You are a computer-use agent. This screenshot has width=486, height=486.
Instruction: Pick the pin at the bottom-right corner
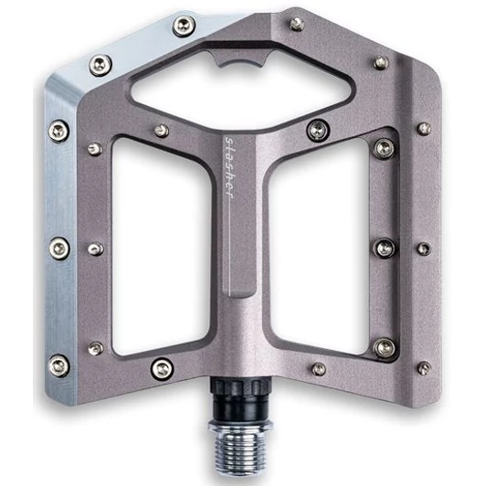coord(424,367)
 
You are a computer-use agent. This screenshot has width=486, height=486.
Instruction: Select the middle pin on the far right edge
coord(422,248)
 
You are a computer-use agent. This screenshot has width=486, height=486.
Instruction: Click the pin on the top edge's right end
coord(381,62)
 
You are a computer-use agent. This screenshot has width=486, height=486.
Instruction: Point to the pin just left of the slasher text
coord(162,131)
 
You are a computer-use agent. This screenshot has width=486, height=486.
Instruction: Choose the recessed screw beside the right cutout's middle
coord(385,246)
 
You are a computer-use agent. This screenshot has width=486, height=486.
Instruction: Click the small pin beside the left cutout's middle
coord(95,248)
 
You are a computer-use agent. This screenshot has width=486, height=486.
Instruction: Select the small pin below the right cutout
coord(318,369)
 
